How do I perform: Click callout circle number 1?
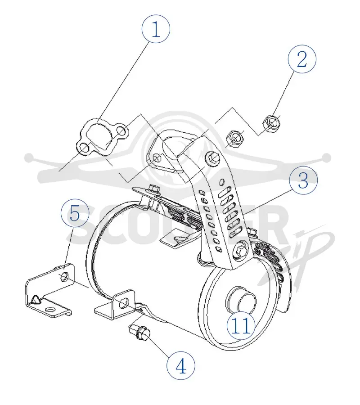click(156, 29)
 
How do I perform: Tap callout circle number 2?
click(302, 59)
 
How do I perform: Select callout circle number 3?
click(303, 180)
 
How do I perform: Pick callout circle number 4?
click(181, 366)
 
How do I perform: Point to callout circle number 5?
click(75, 213)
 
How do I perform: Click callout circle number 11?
click(241, 325)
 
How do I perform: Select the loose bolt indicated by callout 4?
click(139, 333)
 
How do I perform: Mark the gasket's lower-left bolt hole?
click(84, 148)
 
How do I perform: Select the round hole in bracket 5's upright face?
click(64, 276)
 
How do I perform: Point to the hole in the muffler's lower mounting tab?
click(124, 303)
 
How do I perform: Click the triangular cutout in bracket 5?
click(36, 300)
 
